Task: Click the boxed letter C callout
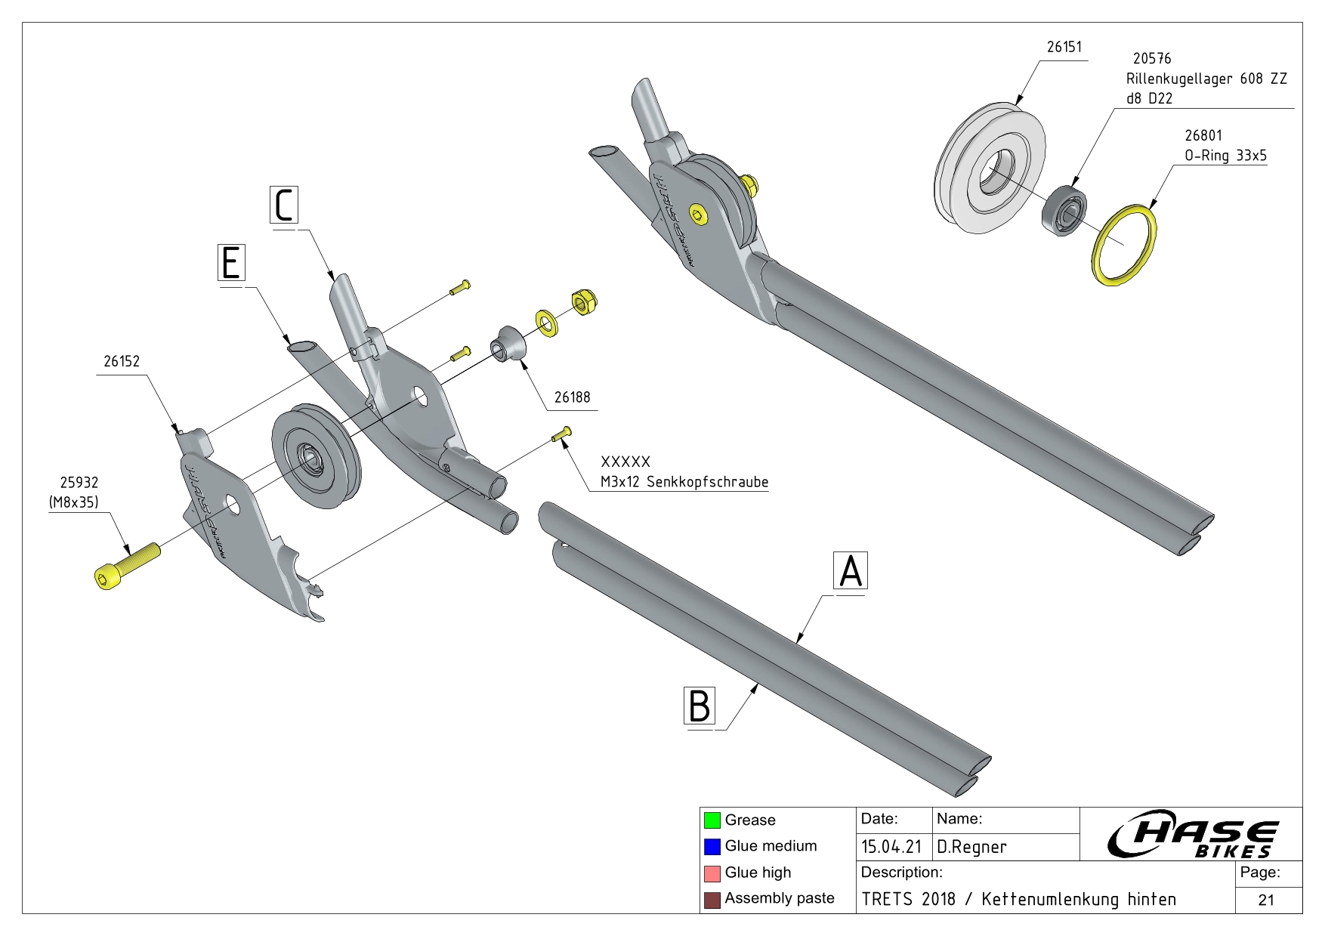284,205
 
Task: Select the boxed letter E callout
231,263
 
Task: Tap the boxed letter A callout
851,570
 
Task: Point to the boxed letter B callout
700,706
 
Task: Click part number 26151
1064,47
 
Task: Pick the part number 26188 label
572,397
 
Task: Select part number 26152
122,361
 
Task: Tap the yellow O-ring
1124,245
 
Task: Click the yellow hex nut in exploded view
582,302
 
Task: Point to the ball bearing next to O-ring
1064,212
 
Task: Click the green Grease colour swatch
712,820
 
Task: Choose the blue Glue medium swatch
712,846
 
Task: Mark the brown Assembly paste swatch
712,899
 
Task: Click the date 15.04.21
891,847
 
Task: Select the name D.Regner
971,847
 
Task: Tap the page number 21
1266,900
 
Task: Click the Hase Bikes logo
1191,835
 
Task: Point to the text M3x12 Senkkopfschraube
684,482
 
